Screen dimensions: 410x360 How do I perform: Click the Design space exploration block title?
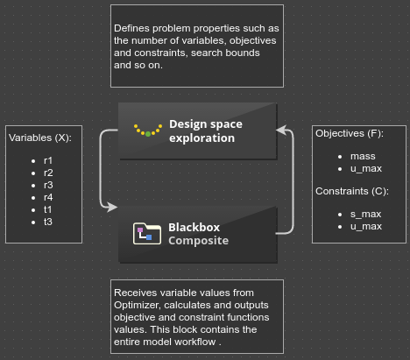206,131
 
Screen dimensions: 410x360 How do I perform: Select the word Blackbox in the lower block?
194,227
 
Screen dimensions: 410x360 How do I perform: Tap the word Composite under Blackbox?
198,241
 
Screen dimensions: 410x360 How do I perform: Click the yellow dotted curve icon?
148,131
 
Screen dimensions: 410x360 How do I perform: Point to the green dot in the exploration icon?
148,134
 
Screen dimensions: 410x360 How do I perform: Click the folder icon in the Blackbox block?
147,233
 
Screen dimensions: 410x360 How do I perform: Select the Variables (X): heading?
40,138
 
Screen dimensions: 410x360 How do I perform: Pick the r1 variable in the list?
48,160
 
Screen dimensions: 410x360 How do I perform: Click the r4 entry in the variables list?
48,197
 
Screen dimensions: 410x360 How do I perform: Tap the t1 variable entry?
47,209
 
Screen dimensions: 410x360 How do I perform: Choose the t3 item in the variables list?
48,222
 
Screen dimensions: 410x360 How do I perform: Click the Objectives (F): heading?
350,133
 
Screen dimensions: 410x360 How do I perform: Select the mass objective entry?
363,156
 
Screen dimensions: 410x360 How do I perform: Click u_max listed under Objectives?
366,168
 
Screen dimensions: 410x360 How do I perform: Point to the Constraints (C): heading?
352,191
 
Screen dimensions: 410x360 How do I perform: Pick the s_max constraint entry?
365,214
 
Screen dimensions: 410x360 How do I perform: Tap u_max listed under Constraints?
366,226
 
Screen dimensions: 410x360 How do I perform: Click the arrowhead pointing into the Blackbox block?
112,207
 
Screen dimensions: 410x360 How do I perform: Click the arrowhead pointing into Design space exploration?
281,130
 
